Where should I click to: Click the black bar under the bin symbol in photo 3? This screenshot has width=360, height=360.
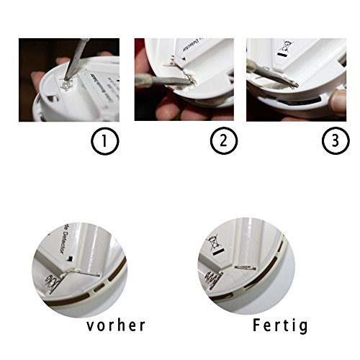pyautogui.click(x=281, y=55)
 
